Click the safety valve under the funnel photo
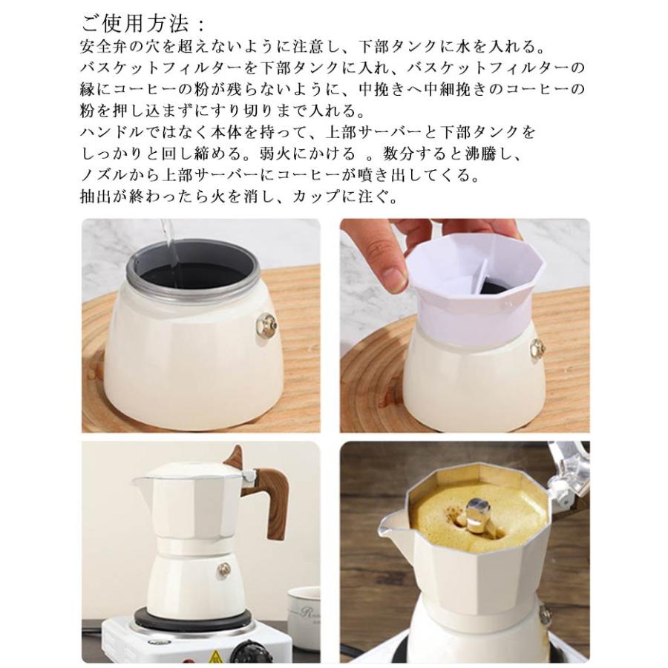tap(537, 350)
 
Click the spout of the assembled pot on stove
tap(140, 482)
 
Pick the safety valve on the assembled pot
tap(223, 569)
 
